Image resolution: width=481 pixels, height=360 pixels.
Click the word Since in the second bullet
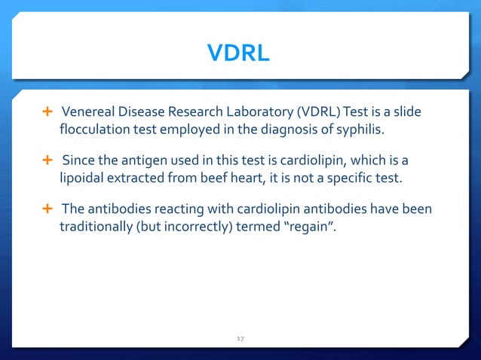(78, 160)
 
